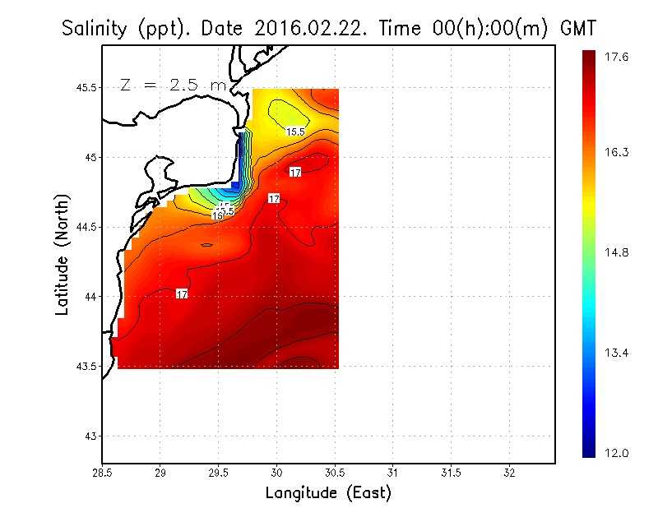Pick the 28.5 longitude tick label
102,473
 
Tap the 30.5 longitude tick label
335,473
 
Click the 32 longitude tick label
509,473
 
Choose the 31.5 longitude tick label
451,473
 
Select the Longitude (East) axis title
328,493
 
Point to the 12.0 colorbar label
617,453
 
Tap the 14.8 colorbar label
617,252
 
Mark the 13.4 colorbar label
617,353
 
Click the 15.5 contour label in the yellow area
295,132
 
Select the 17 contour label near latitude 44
183,294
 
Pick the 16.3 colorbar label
617,152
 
